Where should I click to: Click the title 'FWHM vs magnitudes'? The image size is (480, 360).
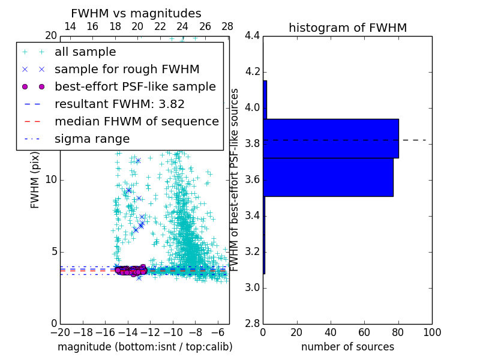pyautogui.click(x=136, y=13)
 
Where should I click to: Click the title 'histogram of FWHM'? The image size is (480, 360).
pyautogui.click(x=347, y=28)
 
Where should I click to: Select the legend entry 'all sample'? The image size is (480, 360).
pyautogui.click(x=85, y=52)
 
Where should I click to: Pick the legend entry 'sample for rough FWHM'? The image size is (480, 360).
pyautogui.click(x=127, y=69)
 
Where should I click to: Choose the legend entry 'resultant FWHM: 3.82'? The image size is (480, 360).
pyautogui.click(x=119, y=104)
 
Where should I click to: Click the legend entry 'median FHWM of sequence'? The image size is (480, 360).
pyautogui.click(x=136, y=121)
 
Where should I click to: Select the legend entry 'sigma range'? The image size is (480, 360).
pyautogui.click(x=92, y=139)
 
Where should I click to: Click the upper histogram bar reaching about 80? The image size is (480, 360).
pyautogui.click(x=331, y=138)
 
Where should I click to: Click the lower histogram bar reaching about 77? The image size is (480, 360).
pyautogui.click(x=328, y=177)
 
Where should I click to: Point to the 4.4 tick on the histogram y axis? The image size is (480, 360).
pyautogui.click(x=252, y=36)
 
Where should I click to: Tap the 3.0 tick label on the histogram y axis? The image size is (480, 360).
pyautogui.click(x=252, y=287)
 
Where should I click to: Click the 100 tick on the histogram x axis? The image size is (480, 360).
pyautogui.click(x=432, y=332)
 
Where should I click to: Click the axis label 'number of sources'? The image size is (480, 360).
pyautogui.click(x=347, y=347)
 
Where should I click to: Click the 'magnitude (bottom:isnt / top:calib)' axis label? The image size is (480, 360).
pyautogui.click(x=145, y=347)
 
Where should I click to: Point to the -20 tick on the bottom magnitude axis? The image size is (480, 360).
pyautogui.click(x=60, y=332)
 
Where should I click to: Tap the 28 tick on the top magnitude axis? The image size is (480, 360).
pyautogui.click(x=227, y=26)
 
